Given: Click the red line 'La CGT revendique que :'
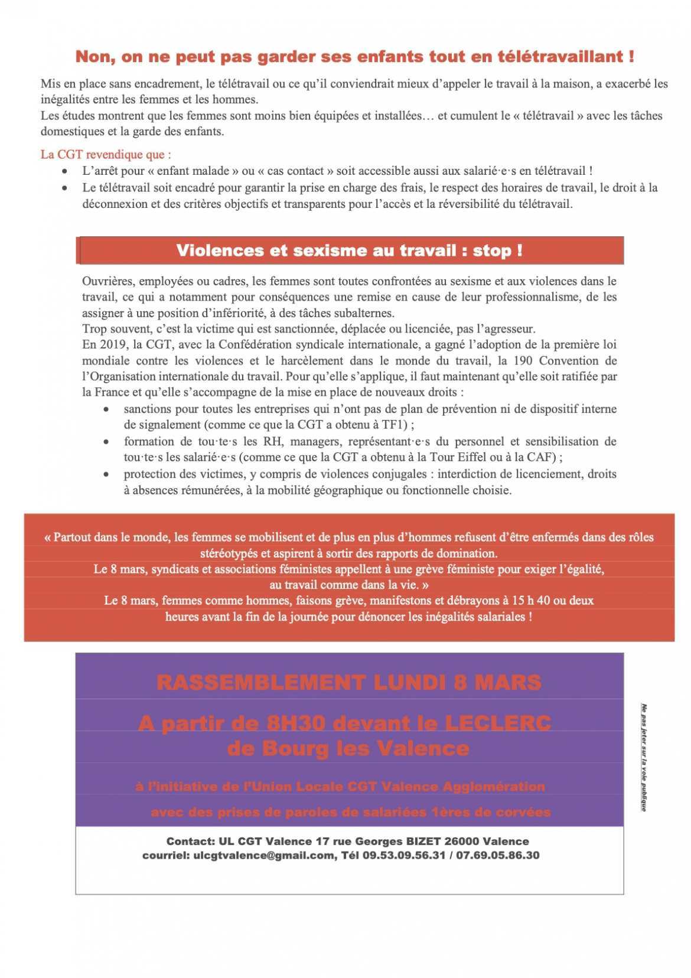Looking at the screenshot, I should click(106, 155).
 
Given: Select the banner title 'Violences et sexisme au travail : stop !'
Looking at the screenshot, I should click(349, 250).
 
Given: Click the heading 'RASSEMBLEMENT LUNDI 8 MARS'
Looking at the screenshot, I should click(349, 683).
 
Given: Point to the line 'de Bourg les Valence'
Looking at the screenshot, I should click(348, 749).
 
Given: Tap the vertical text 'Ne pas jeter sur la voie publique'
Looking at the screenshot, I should click(645, 757).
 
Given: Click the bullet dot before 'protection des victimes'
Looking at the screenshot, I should click(106, 474).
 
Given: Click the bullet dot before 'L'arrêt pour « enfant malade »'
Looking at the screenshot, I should click(65, 171).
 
